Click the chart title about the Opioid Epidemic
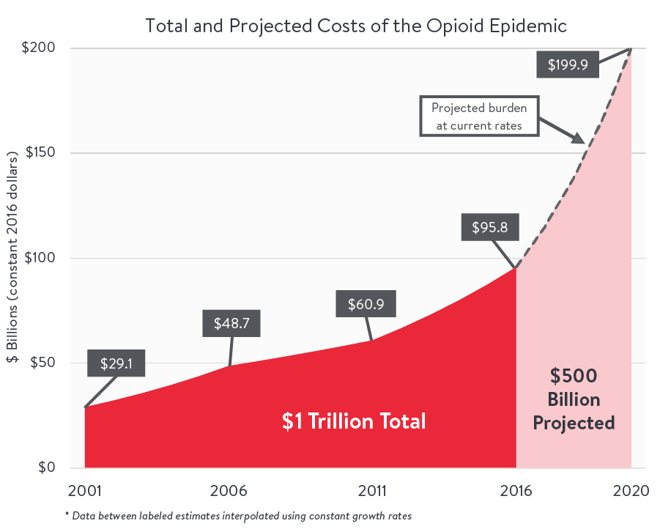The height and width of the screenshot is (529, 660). click(356, 26)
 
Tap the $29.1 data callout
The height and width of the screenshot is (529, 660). click(116, 362)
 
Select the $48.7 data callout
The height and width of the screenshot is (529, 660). click(232, 323)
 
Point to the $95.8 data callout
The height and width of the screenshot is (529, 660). click(490, 227)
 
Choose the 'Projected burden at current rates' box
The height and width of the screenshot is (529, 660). click(478, 116)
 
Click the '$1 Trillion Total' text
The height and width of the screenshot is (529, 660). click(354, 421)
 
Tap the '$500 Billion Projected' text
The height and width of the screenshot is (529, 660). click(574, 399)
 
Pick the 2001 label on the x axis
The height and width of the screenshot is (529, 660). click(85, 490)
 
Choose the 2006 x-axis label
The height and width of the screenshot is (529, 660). click(229, 490)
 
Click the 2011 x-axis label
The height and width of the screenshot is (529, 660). click(373, 490)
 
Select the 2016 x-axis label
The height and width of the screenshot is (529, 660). click(517, 490)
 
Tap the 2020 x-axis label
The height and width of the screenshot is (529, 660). click(630, 490)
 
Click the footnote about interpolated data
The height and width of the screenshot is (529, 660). click(238, 516)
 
